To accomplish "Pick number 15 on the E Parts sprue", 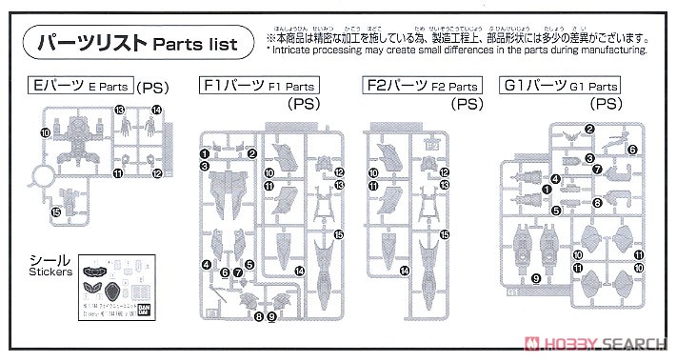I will [x=56, y=211].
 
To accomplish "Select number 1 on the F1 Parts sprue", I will [x=205, y=152].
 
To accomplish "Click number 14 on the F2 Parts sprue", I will [x=405, y=271].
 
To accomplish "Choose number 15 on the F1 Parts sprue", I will [x=338, y=234].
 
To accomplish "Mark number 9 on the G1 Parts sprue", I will [x=536, y=277].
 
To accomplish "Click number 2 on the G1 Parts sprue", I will [x=589, y=130].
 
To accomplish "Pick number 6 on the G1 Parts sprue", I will [x=632, y=150].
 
